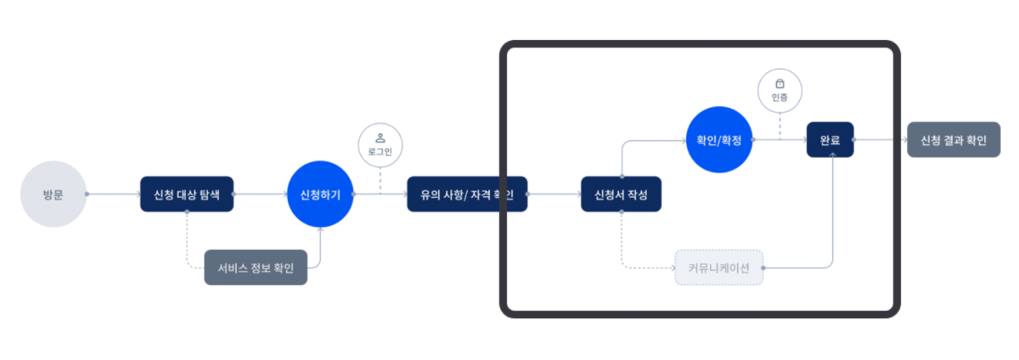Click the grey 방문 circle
[x=53, y=194]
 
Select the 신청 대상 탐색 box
[x=186, y=194]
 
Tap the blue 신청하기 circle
[x=320, y=194]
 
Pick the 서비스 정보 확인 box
[x=256, y=267]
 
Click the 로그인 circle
[x=380, y=145]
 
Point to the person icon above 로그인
[x=380, y=138]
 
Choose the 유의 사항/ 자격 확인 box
[x=466, y=194]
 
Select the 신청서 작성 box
[x=621, y=194]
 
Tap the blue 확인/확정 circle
[x=718, y=139]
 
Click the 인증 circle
[x=780, y=90]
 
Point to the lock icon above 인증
[x=780, y=83]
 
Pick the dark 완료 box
[x=830, y=140]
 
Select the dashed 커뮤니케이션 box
[x=718, y=267]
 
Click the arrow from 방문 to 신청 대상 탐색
[x=113, y=194]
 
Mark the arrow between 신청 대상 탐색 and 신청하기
[x=259, y=194]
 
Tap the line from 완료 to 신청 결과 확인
[x=881, y=140]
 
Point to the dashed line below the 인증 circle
[x=780, y=126]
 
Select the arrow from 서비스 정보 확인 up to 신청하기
[x=320, y=246]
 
